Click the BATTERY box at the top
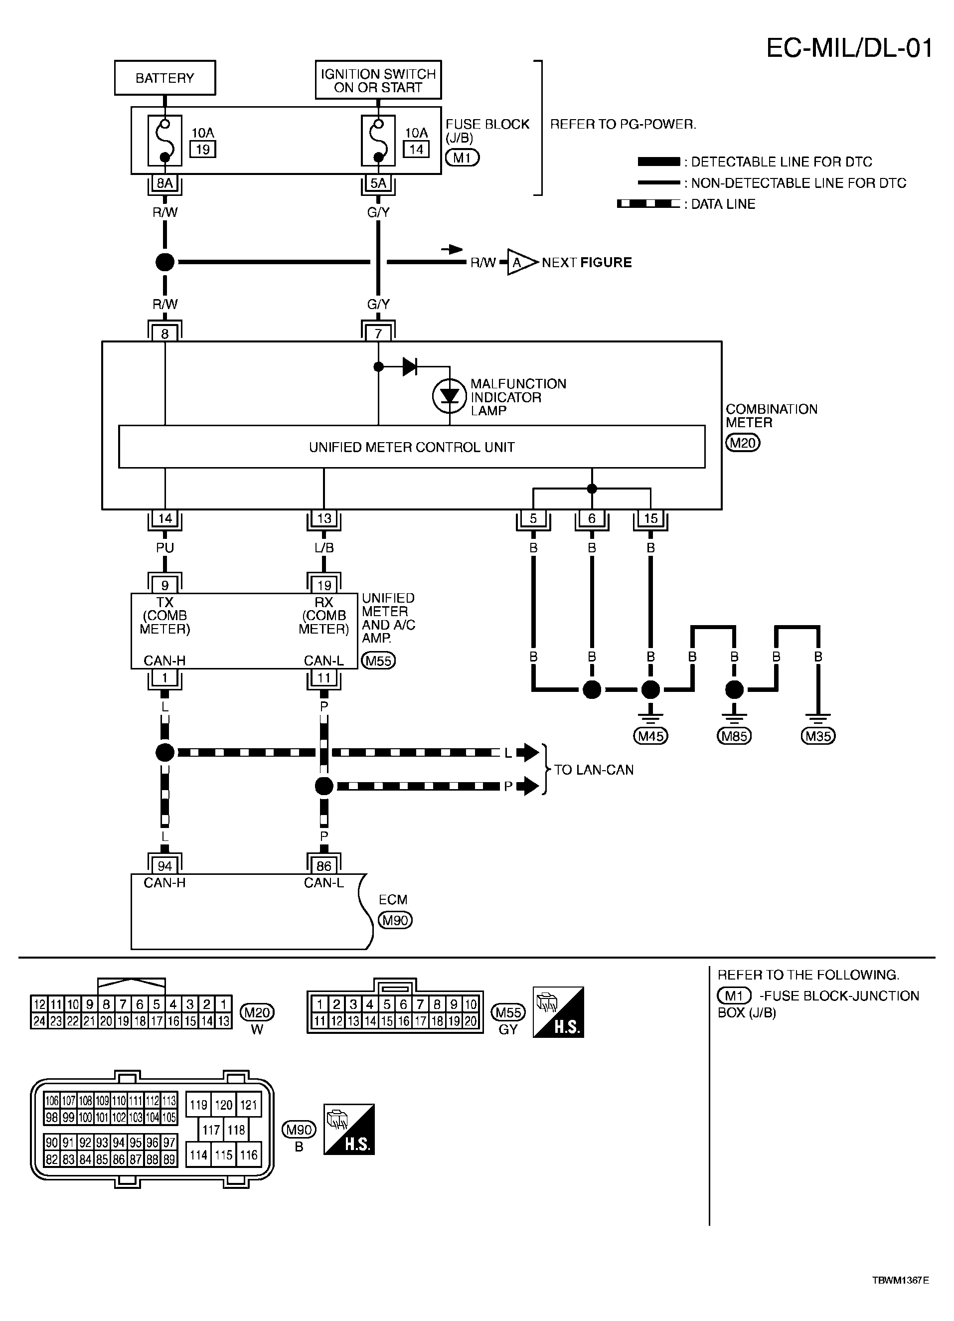(x=165, y=77)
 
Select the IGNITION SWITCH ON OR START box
(x=378, y=80)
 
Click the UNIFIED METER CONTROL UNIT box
(x=412, y=447)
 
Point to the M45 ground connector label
(x=650, y=736)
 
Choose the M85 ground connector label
(x=734, y=736)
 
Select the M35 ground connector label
(x=818, y=736)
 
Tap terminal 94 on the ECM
(x=165, y=866)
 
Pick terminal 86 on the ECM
(x=324, y=866)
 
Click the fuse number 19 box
(x=203, y=149)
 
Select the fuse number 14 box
(x=416, y=149)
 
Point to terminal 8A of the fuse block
(x=165, y=183)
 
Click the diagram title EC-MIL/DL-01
(x=849, y=48)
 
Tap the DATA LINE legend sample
(x=648, y=204)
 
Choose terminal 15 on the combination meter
(x=650, y=518)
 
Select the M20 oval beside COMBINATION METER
(x=743, y=443)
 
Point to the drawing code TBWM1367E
(x=900, y=1292)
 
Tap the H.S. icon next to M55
(x=558, y=1012)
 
